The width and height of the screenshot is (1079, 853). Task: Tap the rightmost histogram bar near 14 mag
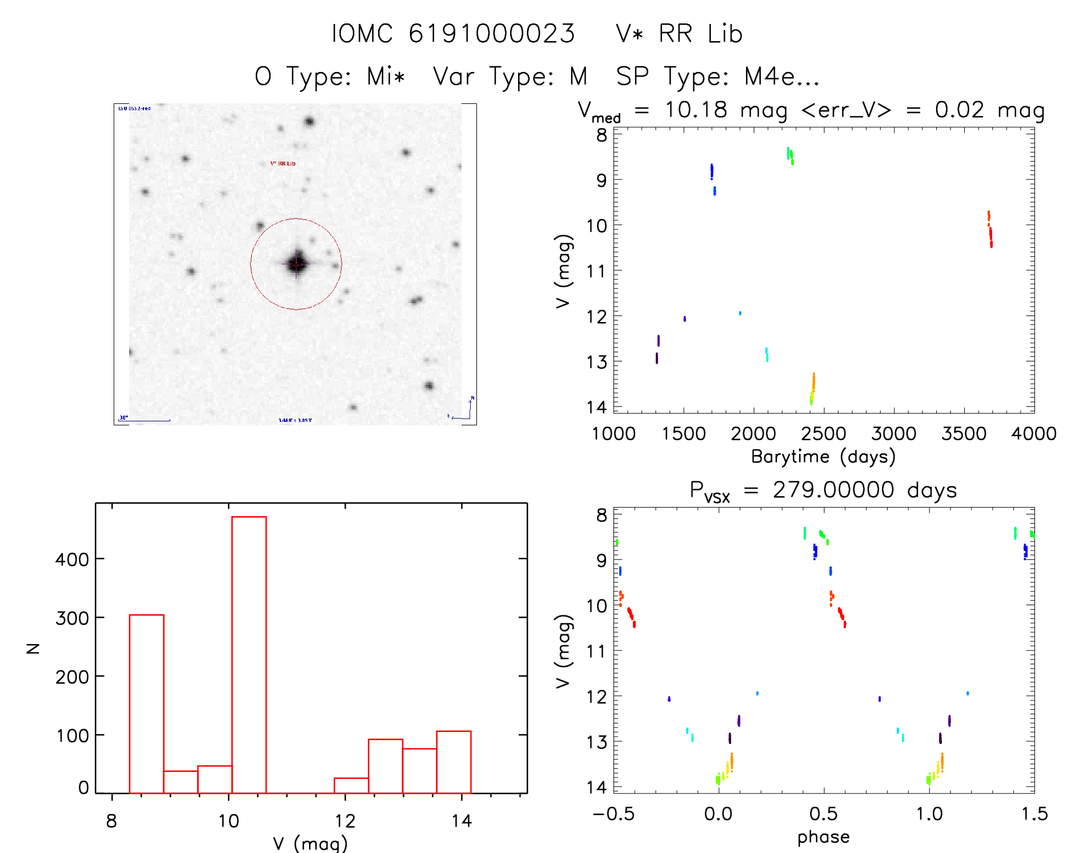454,762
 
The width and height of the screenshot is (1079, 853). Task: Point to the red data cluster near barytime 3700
990,230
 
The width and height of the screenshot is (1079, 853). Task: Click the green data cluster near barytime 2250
790,155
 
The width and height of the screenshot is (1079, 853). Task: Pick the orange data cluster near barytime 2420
813,385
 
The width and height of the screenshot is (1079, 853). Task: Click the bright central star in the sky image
296,264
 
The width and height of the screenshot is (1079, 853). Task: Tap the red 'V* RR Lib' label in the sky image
283,164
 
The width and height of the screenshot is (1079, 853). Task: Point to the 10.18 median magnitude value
696,110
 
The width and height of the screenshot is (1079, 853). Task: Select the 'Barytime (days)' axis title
823,457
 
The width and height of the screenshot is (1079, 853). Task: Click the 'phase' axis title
823,837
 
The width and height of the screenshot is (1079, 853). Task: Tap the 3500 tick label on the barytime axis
964,434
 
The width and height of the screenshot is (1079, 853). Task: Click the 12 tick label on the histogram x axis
345,822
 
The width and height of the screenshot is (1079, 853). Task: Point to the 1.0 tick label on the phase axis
929,814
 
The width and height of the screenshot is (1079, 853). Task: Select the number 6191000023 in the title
492,34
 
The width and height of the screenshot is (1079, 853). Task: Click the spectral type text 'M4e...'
781,77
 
